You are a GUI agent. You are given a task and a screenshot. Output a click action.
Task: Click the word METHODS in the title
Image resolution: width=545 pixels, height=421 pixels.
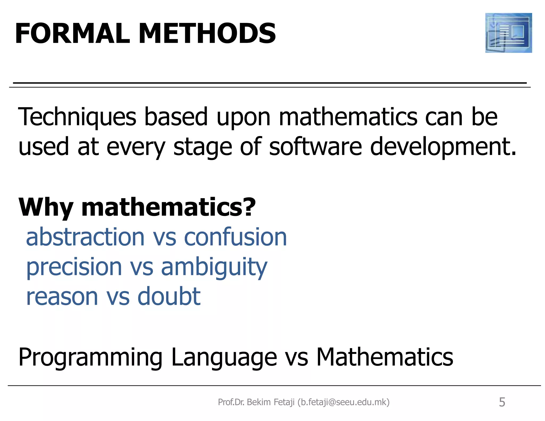(207, 34)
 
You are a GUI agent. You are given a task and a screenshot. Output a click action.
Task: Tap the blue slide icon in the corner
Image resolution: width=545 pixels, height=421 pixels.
(508, 33)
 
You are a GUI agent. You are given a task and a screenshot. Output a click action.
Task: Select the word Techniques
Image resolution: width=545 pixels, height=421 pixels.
(77, 117)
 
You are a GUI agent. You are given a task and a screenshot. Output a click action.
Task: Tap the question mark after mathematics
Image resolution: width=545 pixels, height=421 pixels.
(249, 207)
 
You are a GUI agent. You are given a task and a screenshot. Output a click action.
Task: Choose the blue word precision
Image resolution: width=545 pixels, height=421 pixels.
(74, 267)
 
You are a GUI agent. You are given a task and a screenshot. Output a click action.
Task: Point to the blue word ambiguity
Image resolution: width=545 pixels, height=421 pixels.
(214, 267)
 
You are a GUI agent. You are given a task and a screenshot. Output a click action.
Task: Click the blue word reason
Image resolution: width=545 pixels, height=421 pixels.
(62, 297)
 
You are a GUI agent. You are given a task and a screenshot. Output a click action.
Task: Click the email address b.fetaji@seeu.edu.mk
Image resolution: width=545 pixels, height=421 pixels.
(344, 402)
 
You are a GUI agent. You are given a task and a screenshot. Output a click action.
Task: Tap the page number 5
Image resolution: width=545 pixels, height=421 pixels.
(502, 402)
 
